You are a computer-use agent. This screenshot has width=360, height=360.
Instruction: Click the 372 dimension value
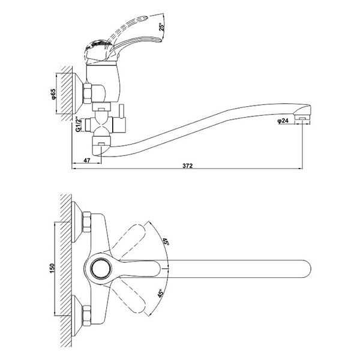[x=187, y=166]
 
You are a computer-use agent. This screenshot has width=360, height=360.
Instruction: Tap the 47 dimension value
[x=87, y=160]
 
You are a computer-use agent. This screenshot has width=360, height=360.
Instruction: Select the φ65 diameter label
[x=53, y=94]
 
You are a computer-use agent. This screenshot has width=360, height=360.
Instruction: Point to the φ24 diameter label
[x=283, y=121]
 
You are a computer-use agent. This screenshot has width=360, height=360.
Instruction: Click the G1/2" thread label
[x=78, y=125]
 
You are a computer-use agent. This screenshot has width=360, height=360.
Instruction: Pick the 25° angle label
[x=162, y=26]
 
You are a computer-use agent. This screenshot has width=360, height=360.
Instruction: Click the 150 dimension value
[x=52, y=268]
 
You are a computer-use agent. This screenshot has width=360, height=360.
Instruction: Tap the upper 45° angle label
[x=166, y=242]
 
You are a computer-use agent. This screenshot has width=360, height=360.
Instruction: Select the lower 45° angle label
[x=161, y=293]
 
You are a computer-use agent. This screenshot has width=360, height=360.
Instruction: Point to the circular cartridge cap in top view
[x=101, y=269]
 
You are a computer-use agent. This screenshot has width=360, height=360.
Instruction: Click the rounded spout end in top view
[x=308, y=269]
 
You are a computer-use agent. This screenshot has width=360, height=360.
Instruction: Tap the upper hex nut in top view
[x=86, y=222]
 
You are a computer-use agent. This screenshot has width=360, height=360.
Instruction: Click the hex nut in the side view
[x=87, y=94]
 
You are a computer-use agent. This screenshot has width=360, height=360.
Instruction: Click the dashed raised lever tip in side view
[x=144, y=18]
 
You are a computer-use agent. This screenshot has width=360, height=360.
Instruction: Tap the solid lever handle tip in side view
[x=159, y=41]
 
